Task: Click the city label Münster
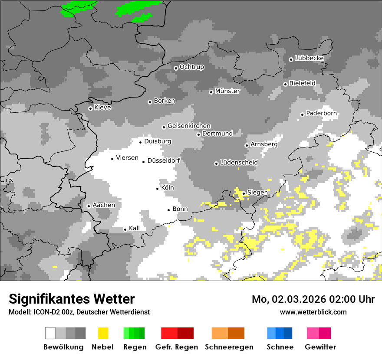click(x=227, y=91)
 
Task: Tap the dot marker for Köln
click(x=158, y=189)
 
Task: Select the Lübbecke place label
click(x=309, y=58)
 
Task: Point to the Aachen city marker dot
click(x=89, y=206)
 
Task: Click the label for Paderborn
click(x=321, y=113)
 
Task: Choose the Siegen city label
click(x=257, y=193)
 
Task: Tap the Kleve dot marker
click(x=90, y=108)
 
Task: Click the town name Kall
click(x=134, y=228)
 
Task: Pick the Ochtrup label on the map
click(x=191, y=67)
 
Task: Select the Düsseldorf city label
click(x=164, y=160)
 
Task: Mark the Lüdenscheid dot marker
click(x=216, y=164)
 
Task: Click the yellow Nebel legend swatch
click(x=103, y=333)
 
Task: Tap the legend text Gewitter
click(x=320, y=347)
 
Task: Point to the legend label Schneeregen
click(x=229, y=347)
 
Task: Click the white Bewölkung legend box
click(x=50, y=333)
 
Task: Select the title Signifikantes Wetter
click(x=72, y=299)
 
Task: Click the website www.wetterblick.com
click(x=313, y=312)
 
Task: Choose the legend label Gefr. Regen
click(x=177, y=347)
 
